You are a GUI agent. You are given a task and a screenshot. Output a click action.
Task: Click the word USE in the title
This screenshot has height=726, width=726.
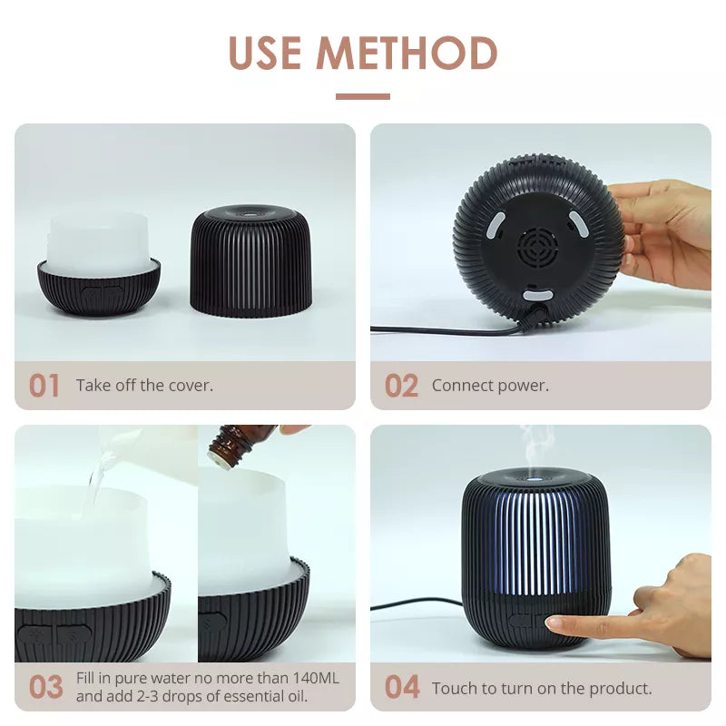pyautogui.click(x=265, y=54)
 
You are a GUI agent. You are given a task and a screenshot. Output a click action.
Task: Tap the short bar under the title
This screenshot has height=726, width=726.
pyautogui.click(x=363, y=96)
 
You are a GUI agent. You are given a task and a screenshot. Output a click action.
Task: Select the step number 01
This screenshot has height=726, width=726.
pyautogui.click(x=44, y=386)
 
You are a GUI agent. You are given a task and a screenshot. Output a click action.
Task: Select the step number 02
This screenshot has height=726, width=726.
pyautogui.click(x=401, y=386)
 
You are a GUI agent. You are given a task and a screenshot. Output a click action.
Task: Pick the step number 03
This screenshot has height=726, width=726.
pyautogui.click(x=45, y=687)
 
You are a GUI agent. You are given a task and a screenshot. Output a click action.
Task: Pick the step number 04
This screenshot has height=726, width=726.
pyautogui.click(x=402, y=687)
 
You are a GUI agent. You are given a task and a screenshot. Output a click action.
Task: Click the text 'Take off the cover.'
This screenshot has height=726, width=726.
pyautogui.click(x=144, y=386)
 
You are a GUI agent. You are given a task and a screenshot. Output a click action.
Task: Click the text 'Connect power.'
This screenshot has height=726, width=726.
pyautogui.click(x=490, y=386)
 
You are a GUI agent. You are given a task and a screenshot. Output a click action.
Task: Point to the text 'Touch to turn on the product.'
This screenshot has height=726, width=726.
pyautogui.click(x=542, y=689)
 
